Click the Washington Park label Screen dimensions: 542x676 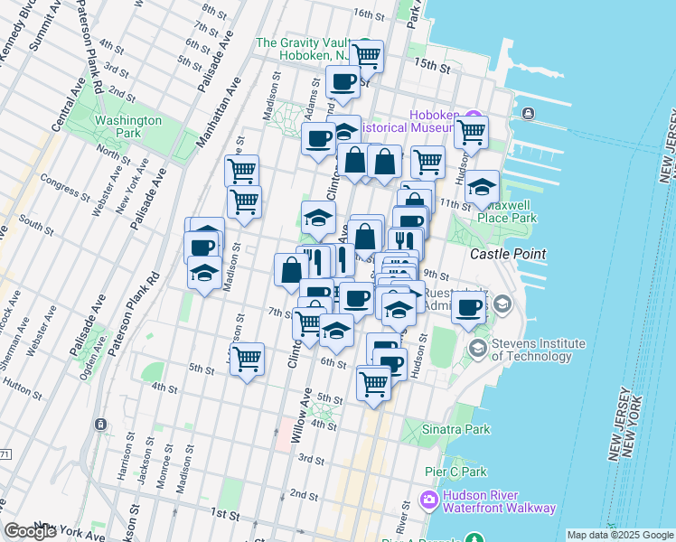128,126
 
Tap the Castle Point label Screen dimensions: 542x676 508,254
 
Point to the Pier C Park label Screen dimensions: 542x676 455,472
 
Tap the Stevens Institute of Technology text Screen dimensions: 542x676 538,350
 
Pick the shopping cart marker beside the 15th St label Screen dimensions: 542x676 366,55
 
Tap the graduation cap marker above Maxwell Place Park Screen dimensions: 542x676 483,188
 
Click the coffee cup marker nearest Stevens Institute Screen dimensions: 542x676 467,307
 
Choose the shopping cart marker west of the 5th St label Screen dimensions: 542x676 247,360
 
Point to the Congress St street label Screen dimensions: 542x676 65,190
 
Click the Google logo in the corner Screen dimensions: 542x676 30,531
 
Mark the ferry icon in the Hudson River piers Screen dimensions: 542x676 527,113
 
